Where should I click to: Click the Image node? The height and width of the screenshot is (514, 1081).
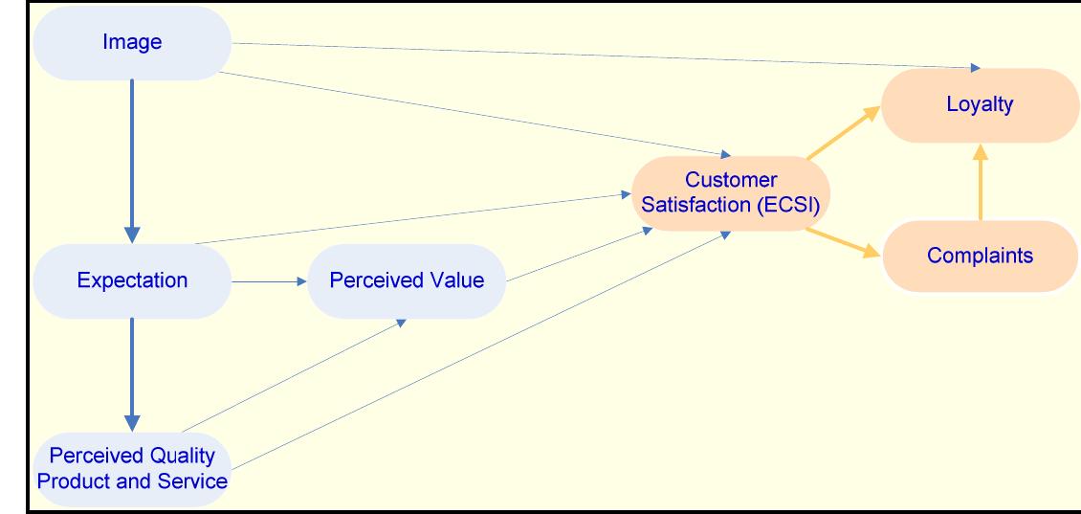pos(132,42)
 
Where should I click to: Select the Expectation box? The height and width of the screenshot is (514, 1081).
pos(132,280)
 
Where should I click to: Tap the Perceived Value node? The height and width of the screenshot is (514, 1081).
pos(406,280)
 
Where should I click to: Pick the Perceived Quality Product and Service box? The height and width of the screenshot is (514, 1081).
pos(132,467)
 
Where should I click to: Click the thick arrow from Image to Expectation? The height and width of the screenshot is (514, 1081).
pos(132,158)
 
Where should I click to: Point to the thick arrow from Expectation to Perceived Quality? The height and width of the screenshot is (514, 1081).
pos(132,373)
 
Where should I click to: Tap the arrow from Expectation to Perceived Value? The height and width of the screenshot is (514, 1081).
pos(268,281)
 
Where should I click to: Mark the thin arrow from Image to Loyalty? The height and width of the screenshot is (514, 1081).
pos(603,56)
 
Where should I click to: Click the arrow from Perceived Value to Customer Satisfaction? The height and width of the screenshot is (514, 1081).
pos(574,256)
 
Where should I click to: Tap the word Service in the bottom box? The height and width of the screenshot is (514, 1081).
pos(196,480)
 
